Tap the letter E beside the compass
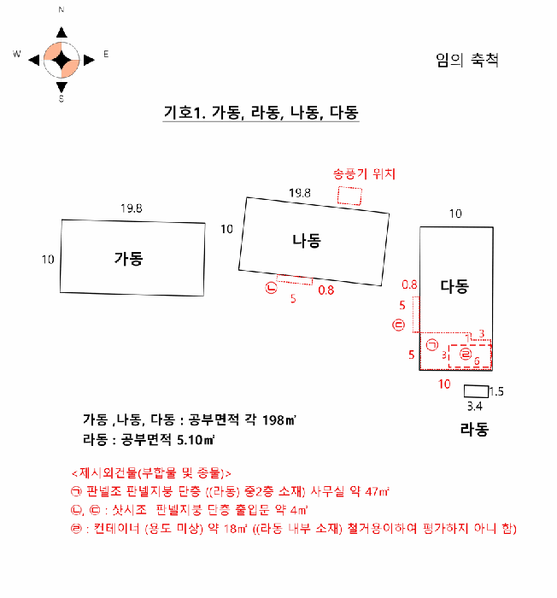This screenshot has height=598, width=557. tap(106, 54)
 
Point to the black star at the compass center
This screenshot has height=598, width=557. tap(62, 59)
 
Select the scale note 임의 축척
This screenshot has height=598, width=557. tap(466, 61)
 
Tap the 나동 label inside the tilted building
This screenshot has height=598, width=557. tap(305, 241)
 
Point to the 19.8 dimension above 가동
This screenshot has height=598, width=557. tap(132, 208)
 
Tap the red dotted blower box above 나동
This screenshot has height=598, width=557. tap(349, 196)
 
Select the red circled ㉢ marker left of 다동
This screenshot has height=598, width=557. tap(398, 325)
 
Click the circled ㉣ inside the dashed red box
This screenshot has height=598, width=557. tap(466, 353)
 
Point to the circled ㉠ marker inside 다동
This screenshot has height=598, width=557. tap(431, 345)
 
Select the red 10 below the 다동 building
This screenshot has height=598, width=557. tap(444, 384)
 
